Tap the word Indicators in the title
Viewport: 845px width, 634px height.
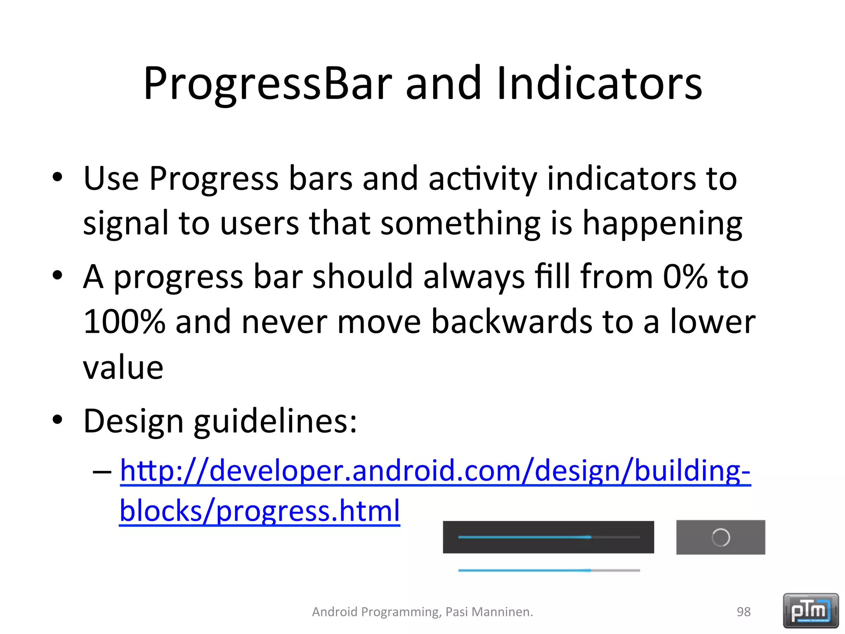point(599,84)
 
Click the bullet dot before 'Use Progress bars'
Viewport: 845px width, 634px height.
point(57,177)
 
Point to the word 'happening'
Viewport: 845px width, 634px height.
point(662,224)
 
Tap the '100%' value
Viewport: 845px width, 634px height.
point(124,322)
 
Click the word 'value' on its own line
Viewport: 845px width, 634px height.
point(123,367)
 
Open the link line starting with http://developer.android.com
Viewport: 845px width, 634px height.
point(435,471)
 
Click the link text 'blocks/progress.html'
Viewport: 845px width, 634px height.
point(260,511)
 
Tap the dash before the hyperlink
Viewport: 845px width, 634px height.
point(102,471)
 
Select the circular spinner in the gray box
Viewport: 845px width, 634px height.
point(720,537)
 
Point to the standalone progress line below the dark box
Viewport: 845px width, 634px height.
point(549,570)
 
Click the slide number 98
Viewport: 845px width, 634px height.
point(744,612)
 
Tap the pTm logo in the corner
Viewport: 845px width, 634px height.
point(810,610)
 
